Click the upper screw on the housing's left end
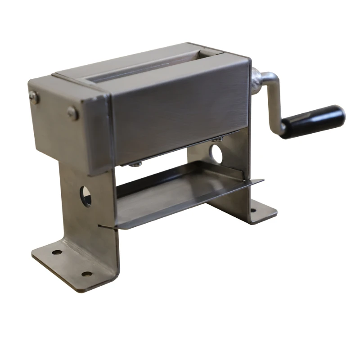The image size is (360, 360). (x=34, y=95)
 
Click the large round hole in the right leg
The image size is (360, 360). (x=217, y=153)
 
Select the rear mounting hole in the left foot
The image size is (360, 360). (x=57, y=252)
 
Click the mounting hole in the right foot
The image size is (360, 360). (x=253, y=210)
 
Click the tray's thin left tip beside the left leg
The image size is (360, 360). (x=102, y=226)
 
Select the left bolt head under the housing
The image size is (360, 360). (x=135, y=165)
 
